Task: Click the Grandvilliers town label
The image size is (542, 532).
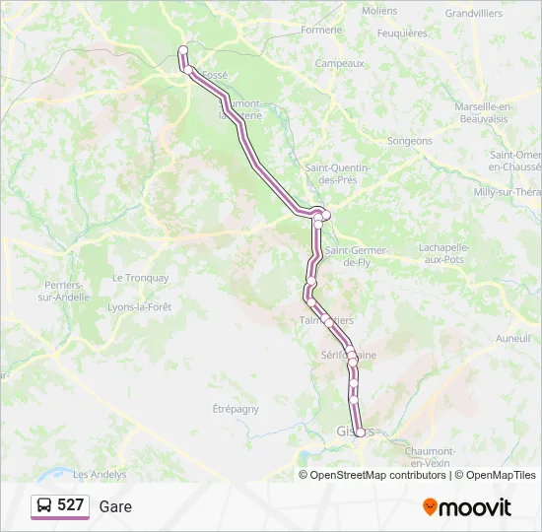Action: pos(473,14)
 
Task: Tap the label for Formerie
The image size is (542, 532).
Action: pos(321,30)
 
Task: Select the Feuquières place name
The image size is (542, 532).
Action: pos(402,33)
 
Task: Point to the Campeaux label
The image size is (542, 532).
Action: pos(339,63)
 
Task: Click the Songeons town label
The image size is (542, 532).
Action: pos(409,141)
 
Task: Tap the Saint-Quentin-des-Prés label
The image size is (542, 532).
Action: pos(336,173)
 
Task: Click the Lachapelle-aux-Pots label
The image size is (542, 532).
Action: pos(446,252)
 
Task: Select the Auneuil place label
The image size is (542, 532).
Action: pos(512,338)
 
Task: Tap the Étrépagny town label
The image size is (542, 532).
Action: pos(236,408)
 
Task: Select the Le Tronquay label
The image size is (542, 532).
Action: pos(140,278)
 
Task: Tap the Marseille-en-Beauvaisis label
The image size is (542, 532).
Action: pos(483,112)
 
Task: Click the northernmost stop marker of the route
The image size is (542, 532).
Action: pos(182,50)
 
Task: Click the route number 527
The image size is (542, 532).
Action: pos(70,505)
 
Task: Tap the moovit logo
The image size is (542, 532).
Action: pos(467,506)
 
